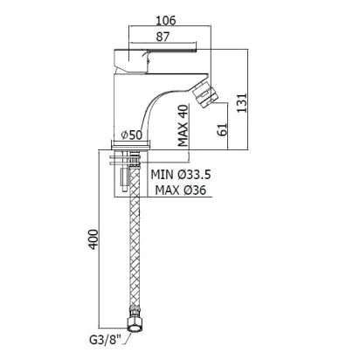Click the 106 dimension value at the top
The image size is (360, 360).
coord(166,20)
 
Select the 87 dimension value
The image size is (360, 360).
coord(163,37)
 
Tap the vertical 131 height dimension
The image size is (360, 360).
coord(241,102)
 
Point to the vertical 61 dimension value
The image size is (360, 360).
coord(222,129)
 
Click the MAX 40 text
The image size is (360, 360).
coord(183,125)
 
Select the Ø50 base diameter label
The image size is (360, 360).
coord(132,135)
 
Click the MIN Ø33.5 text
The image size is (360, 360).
coord(181,175)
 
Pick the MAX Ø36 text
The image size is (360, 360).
coord(181,190)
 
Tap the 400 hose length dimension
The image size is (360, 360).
coord(93,239)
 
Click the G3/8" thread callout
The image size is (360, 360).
coord(105,340)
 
